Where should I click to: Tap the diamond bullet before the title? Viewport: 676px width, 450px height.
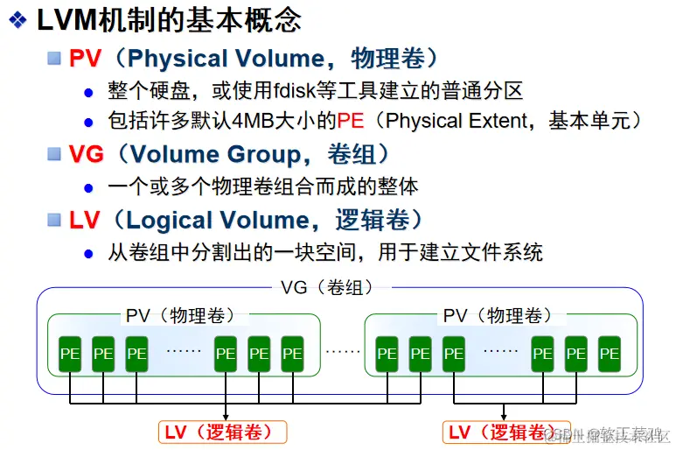(16, 20)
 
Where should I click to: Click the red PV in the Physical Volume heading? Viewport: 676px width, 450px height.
(86, 59)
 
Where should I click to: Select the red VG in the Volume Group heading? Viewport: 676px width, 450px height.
(87, 154)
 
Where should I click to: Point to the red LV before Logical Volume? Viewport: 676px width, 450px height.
(85, 220)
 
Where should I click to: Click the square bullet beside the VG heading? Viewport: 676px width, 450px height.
(53, 154)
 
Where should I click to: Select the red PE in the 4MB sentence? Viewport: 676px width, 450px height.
(350, 122)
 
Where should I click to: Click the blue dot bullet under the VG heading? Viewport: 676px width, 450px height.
(88, 187)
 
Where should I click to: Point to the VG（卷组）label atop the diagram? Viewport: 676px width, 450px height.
(326, 288)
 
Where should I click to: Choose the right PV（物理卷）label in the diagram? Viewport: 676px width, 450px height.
(498, 315)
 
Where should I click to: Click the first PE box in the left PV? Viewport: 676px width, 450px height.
(70, 354)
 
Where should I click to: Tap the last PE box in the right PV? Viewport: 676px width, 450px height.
(610, 354)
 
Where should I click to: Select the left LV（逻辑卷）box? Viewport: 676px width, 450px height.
(224, 432)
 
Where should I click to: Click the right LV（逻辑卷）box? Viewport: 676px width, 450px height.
(502, 432)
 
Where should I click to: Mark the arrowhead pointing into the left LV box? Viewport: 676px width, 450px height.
(226, 417)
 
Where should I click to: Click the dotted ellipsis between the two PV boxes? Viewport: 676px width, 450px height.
(343, 353)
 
